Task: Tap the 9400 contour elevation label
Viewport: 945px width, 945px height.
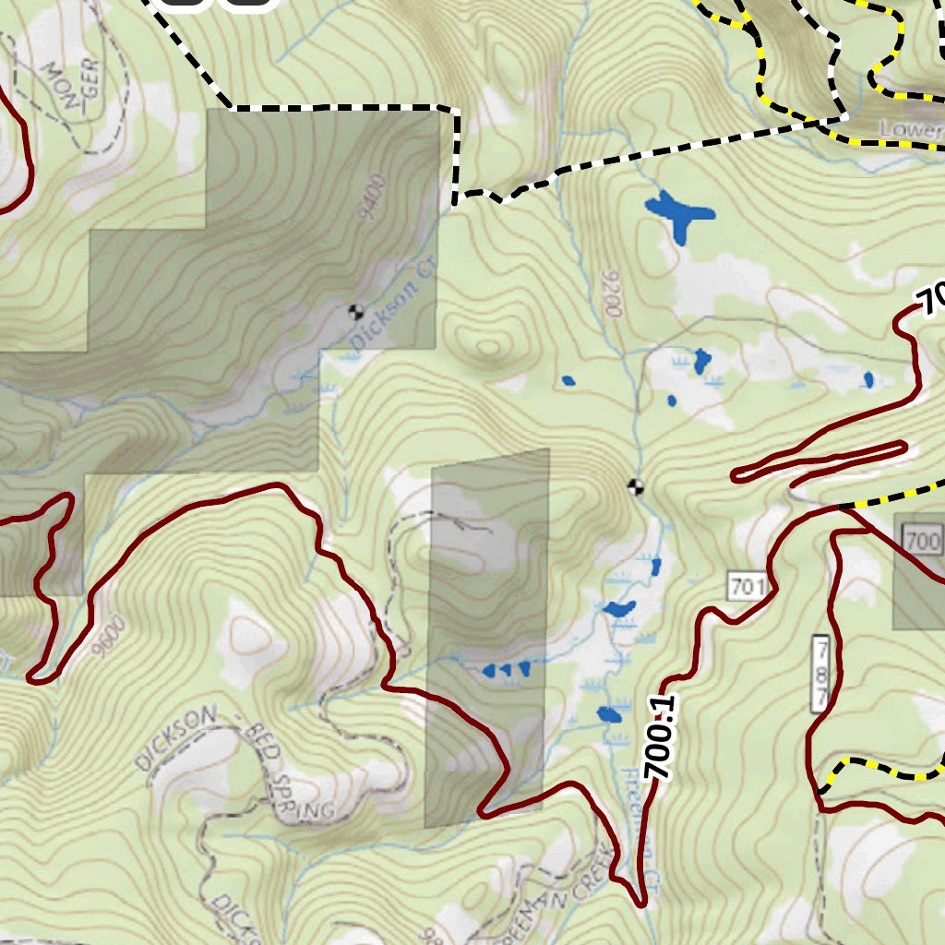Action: [372, 198]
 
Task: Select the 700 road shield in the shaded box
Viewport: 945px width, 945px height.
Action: [922, 539]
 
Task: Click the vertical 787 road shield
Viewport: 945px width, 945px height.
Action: [819, 674]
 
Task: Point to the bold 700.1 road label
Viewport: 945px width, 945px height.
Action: [662, 738]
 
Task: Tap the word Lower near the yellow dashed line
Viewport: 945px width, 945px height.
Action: [910, 129]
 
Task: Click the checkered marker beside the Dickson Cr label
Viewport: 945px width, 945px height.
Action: [354, 311]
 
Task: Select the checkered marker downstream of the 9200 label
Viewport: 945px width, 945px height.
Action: [635, 486]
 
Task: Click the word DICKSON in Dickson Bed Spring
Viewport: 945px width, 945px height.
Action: [175, 738]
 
